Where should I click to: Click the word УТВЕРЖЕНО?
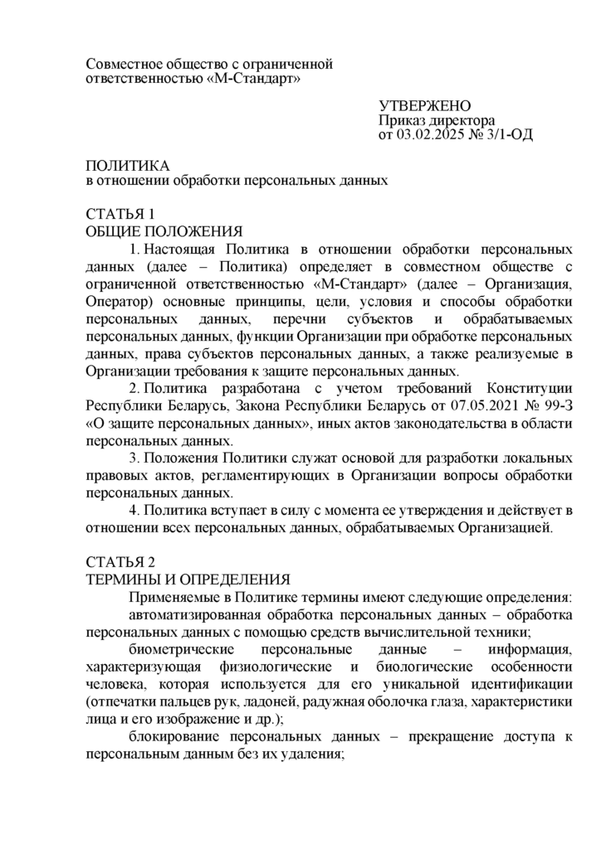coord(424,105)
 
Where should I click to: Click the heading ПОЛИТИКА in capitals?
coord(128,165)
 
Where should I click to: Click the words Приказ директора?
coord(424,119)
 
